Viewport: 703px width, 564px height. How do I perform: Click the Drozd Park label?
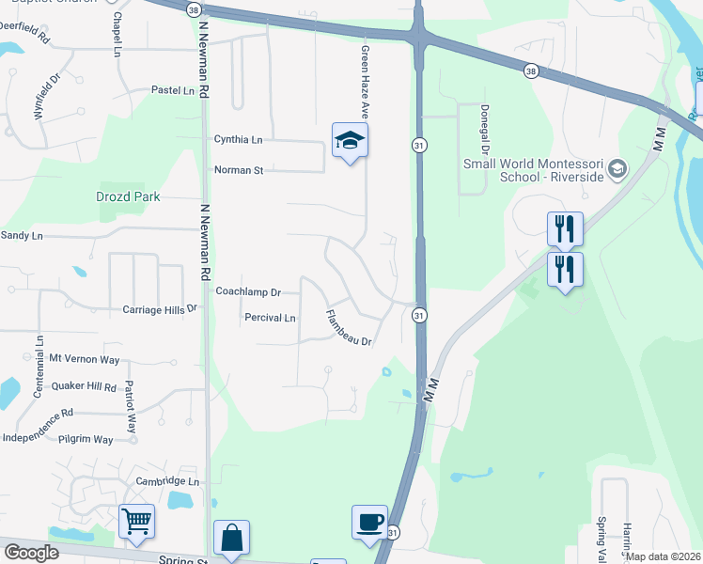[128, 197]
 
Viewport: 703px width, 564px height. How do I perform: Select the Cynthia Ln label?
[238, 140]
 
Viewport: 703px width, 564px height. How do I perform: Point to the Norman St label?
[239, 170]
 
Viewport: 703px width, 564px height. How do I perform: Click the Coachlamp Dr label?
[248, 292]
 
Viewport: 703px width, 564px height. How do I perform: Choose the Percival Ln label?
[271, 318]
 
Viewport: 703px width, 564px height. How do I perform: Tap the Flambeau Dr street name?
[350, 328]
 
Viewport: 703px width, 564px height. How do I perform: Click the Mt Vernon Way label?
[85, 359]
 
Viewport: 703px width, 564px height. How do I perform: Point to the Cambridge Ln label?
[169, 481]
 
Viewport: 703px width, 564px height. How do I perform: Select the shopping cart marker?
[137, 521]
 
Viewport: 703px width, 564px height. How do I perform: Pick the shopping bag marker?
[231, 538]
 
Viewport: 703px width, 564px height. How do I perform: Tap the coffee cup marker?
[369, 522]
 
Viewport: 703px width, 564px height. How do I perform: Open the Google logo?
[31, 553]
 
